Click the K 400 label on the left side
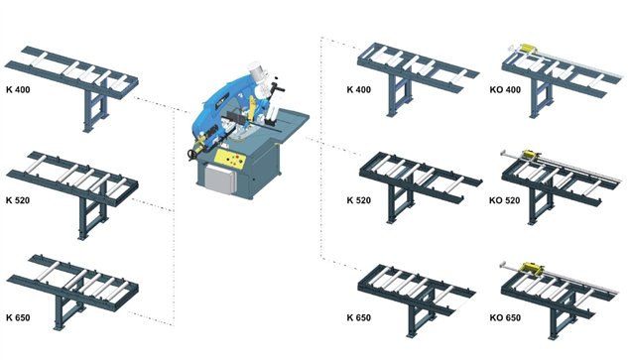[18, 89]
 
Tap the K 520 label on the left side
[18, 200]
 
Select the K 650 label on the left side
[18, 317]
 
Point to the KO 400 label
[505, 89]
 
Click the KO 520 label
[505, 200]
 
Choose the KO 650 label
[505, 317]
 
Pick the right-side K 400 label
[359, 89]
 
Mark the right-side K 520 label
[359, 200]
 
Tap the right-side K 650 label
[359, 317]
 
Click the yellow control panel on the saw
[230, 158]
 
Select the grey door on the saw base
[218, 179]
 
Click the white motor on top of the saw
[256, 72]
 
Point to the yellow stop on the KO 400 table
[527, 48]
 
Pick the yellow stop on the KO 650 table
[530, 268]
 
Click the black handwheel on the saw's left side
[193, 155]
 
